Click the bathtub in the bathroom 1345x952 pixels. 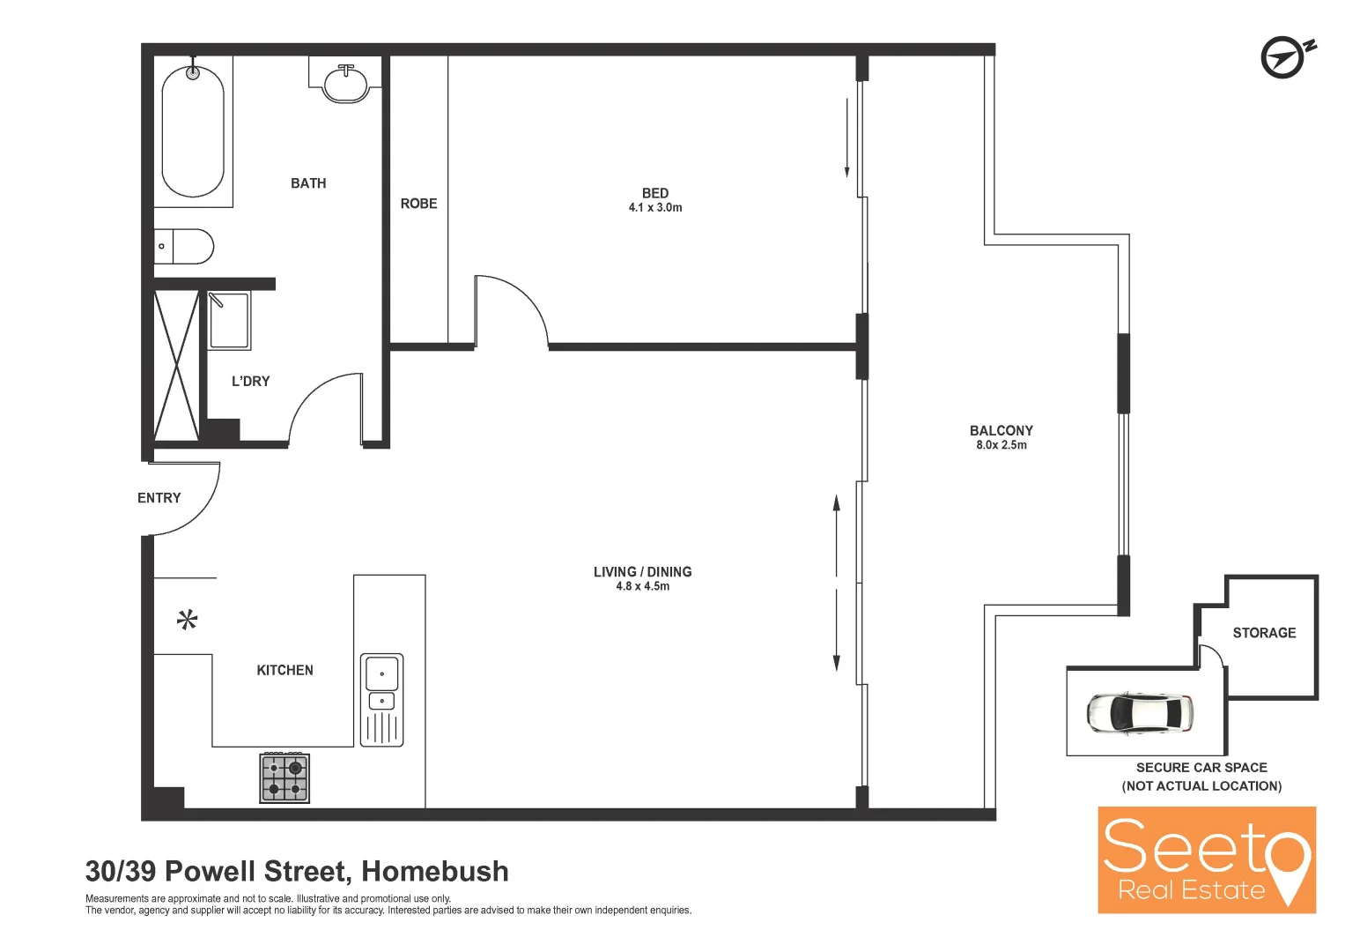click(x=193, y=132)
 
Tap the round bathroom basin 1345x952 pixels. click(x=345, y=84)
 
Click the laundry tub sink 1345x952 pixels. click(x=229, y=321)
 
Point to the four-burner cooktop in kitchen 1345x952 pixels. click(x=285, y=777)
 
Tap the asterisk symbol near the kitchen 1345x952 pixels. click(x=187, y=621)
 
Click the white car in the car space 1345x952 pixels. click(x=1139, y=712)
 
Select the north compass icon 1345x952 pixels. click(x=1284, y=58)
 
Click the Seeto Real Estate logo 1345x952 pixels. click(x=1206, y=859)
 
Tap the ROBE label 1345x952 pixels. click(x=418, y=204)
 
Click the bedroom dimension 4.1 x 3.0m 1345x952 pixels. click(x=655, y=208)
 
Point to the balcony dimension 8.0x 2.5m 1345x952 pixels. click(x=1001, y=445)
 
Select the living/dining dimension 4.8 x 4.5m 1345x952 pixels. click(x=642, y=586)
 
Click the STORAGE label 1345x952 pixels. click(x=1264, y=633)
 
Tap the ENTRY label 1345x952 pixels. click(x=159, y=498)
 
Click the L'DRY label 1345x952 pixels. click(x=250, y=382)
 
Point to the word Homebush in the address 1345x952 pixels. click(x=435, y=871)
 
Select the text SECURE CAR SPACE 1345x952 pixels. click(x=1201, y=768)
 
